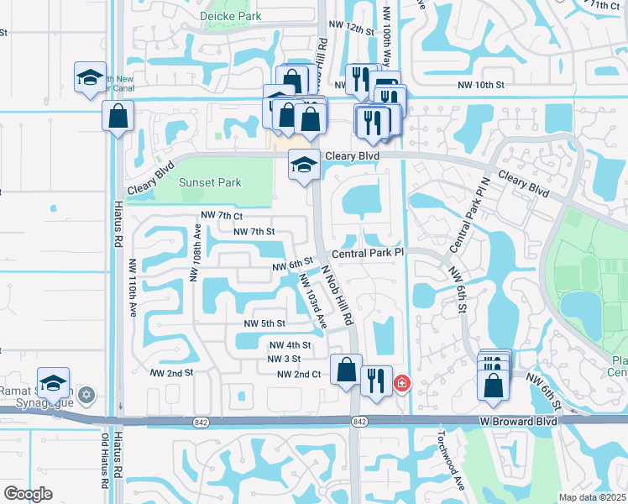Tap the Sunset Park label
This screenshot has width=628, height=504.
tap(210, 182)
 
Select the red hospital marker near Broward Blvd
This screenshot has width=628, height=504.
tap(402, 383)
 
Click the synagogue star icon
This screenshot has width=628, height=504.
tap(85, 394)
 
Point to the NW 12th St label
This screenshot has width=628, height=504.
tap(351, 29)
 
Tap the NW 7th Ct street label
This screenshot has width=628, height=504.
tap(222, 216)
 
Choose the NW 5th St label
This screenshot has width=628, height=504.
tap(264, 323)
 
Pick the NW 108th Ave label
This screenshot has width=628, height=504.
tap(196, 253)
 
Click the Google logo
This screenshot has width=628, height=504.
tap(28, 494)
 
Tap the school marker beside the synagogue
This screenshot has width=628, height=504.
tap(53, 382)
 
